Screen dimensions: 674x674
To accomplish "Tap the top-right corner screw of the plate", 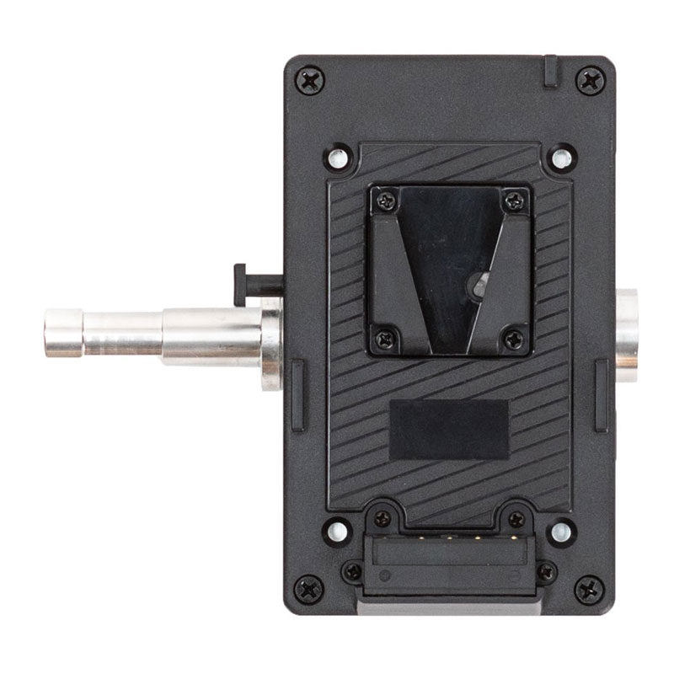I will (x=589, y=81).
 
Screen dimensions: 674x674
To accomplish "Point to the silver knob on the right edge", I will (x=627, y=334).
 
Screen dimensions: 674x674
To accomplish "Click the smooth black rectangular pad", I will (x=449, y=429).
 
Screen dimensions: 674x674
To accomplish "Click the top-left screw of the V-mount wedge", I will (x=387, y=201).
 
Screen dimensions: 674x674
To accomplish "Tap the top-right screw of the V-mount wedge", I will (x=513, y=201).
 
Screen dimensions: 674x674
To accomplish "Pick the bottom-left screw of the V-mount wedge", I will (x=386, y=340).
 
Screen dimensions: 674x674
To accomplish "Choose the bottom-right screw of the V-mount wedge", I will (x=512, y=340).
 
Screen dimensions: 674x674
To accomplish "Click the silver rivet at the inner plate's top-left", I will (x=338, y=158).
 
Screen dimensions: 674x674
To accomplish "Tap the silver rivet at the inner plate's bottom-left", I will (x=337, y=531).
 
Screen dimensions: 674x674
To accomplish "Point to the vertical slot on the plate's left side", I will (x=297, y=394).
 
